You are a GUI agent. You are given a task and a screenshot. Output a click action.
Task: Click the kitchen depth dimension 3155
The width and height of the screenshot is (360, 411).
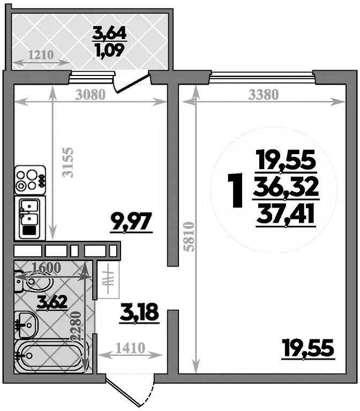(x=66, y=162)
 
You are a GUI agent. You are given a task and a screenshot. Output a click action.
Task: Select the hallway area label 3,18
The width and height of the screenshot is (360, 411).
(x=139, y=312)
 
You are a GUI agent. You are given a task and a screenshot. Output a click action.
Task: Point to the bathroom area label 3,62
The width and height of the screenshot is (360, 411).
(x=52, y=302)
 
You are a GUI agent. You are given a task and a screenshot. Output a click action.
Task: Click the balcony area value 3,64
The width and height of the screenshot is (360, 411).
(x=109, y=34)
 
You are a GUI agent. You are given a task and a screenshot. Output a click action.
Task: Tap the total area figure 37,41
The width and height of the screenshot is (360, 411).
(x=286, y=215)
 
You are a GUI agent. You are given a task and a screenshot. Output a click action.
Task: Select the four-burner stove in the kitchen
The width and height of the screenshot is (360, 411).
(x=30, y=180)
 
